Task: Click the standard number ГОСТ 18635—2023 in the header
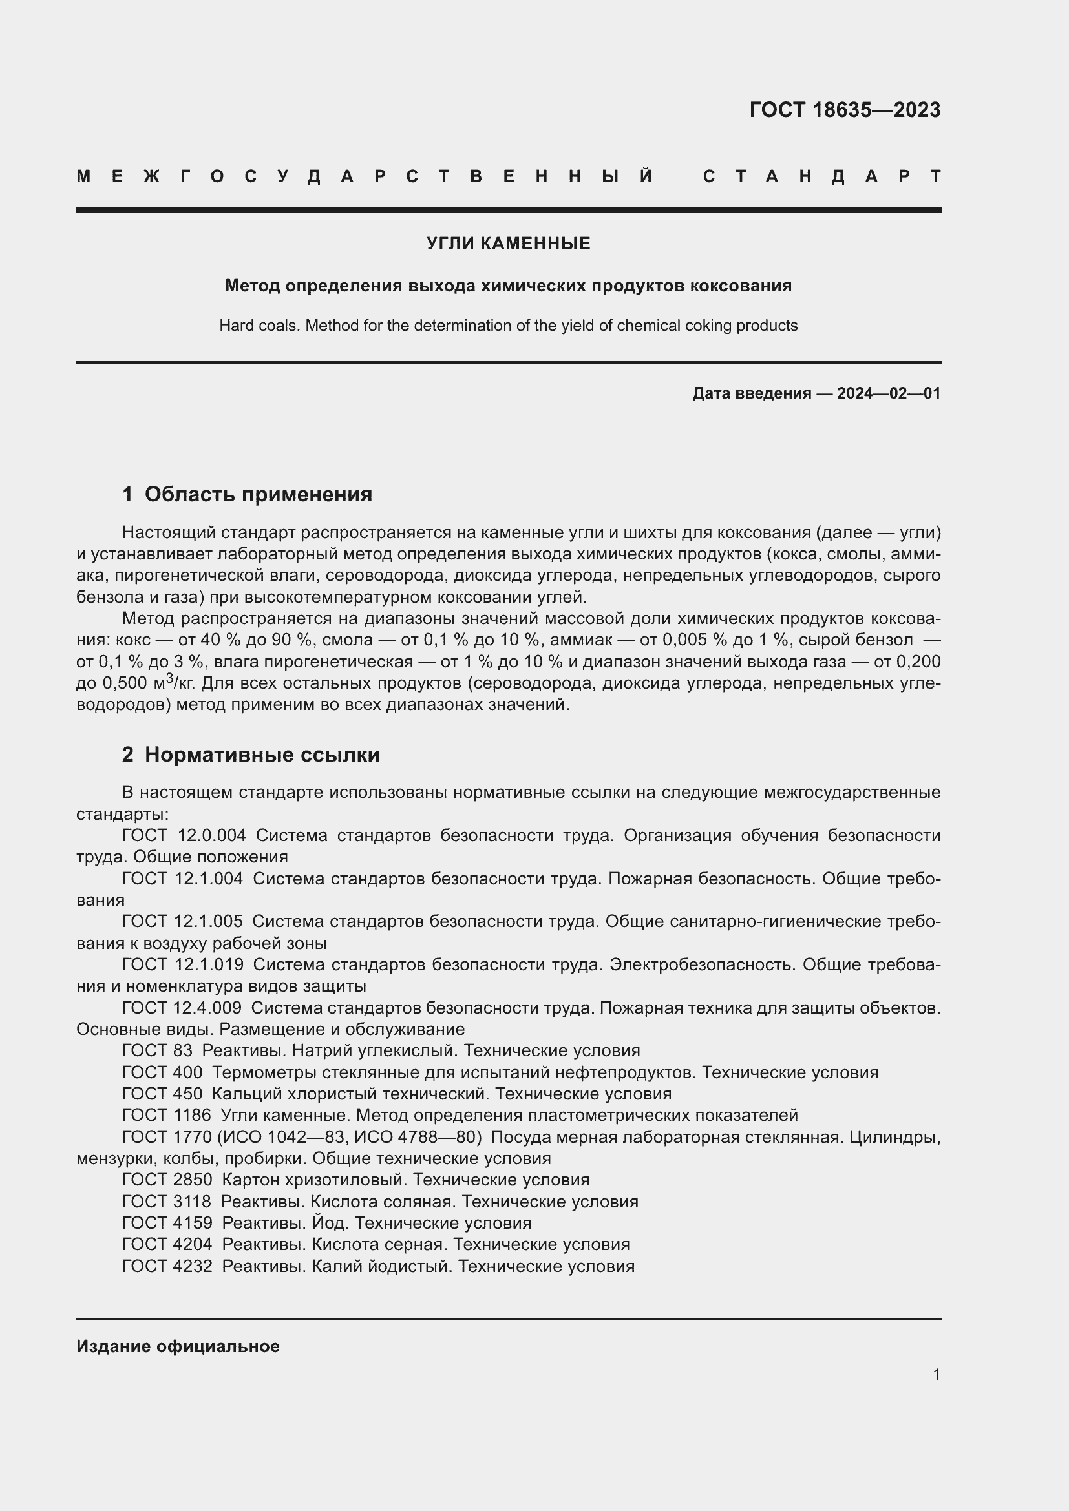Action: point(845,110)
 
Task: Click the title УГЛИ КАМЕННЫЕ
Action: point(508,244)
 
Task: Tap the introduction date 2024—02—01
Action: point(888,393)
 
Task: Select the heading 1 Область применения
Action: point(247,494)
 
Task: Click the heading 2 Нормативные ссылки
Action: point(251,754)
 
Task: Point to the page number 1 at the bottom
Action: point(936,1374)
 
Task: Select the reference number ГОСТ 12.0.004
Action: point(184,835)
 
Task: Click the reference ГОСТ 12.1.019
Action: point(182,964)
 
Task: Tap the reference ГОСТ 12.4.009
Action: point(182,1008)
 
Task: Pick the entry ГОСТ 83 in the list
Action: point(157,1051)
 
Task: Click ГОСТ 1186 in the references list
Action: point(167,1115)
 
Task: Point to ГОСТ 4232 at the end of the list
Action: point(167,1266)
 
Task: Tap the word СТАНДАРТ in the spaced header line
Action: point(821,176)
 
